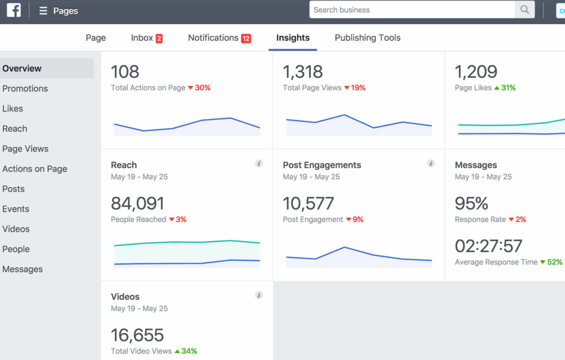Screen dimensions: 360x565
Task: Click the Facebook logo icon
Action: [x=14, y=10]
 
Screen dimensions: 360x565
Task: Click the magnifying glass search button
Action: [x=524, y=10]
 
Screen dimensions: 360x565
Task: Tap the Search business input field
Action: [x=412, y=10]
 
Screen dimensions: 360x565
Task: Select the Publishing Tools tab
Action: [x=367, y=38]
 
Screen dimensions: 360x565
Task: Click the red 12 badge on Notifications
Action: [x=246, y=39]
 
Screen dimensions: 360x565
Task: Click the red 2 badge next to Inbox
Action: [x=159, y=39]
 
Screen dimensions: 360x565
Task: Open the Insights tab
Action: [x=293, y=38]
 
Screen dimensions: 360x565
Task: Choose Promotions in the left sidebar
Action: [x=25, y=89]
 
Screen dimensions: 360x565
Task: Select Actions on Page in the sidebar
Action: [x=35, y=169]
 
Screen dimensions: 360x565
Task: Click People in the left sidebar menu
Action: [x=16, y=249]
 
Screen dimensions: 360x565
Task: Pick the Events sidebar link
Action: [x=16, y=209]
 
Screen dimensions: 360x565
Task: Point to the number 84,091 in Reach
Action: [x=137, y=203]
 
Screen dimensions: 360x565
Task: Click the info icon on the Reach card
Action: [x=259, y=164]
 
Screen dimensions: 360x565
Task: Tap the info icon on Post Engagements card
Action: [x=431, y=164]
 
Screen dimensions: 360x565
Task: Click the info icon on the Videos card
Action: [x=259, y=295]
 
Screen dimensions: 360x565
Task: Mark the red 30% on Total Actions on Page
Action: [x=199, y=88]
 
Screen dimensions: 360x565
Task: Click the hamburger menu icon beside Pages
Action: [x=43, y=11]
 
